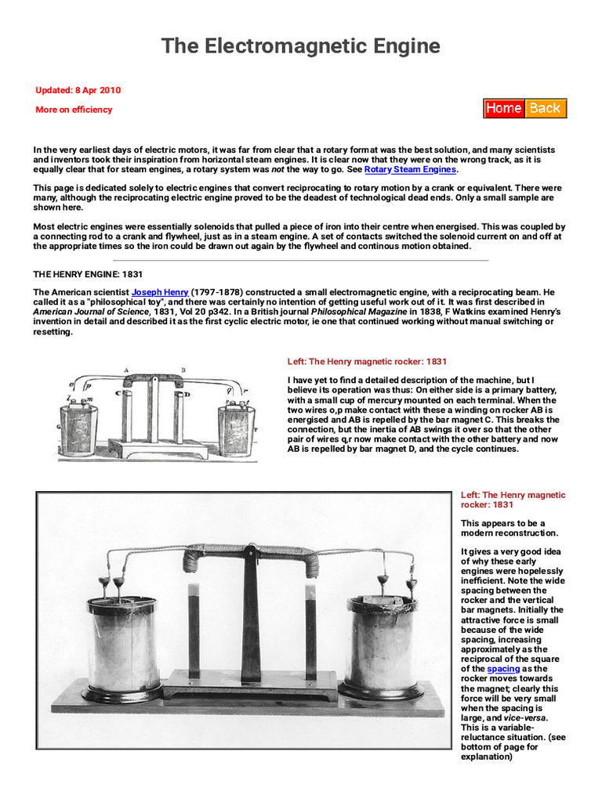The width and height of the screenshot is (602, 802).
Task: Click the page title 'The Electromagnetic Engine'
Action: (x=300, y=46)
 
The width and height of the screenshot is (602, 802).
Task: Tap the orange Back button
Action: (x=545, y=108)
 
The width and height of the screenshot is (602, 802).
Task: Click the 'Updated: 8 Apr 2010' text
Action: (x=78, y=90)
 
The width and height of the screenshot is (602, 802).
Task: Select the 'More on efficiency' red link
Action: (x=74, y=110)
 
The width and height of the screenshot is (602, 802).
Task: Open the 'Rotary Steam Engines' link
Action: (x=410, y=169)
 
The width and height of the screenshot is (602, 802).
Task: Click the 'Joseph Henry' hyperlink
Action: (x=160, y=292)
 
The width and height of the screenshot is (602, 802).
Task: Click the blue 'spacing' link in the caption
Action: (x=503, y=669)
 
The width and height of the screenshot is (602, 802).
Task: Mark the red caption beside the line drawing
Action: (x=367, y=362)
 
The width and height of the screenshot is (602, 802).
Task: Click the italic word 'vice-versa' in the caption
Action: (x=523, y=717)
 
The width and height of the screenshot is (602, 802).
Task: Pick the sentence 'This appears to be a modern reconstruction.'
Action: (x=502, y=529)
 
